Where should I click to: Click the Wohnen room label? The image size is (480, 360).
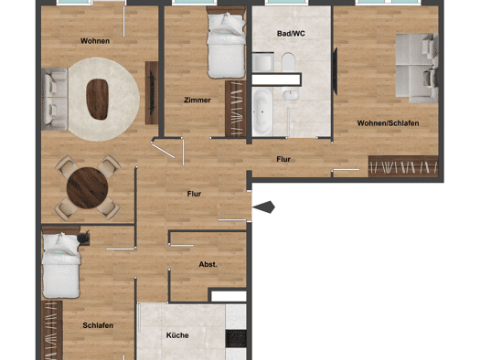pos(95,41)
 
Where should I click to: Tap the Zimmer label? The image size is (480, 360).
pos(197,100)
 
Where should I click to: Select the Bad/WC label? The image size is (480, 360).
pos(291,33)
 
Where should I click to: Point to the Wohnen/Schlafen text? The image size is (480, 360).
pos(388,123)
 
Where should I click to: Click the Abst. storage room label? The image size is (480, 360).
pos(208,264)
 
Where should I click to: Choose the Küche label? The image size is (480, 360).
pos(177,335)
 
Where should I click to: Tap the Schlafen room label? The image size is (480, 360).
pos(98,325)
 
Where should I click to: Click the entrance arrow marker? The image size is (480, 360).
pos(263,207)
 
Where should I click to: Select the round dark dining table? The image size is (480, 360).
pos(87,187)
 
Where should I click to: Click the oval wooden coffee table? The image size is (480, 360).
pos(97,99)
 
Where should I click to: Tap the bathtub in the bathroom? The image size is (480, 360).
pos(262,111)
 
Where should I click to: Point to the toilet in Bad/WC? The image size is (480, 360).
pos(288,62)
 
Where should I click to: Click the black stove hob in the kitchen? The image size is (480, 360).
pos(236,339)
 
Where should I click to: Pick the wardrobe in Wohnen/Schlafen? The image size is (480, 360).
pos(403,166)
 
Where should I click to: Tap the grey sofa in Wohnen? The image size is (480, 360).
pos(55,99)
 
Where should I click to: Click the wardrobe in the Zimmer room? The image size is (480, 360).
pos(235,109)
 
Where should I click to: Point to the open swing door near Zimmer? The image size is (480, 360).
pos(163,151)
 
